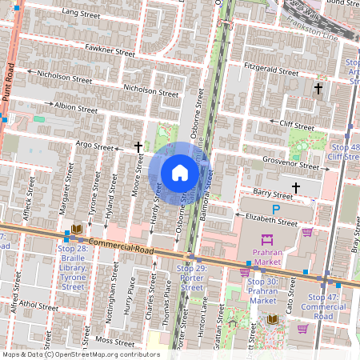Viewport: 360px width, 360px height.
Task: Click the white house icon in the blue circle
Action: tap(180, 172)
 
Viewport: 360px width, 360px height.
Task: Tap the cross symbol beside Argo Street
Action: tap(138, 148)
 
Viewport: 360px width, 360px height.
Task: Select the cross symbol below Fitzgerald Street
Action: tap(318, 88)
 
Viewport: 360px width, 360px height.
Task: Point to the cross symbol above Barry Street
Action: tap(296, 188)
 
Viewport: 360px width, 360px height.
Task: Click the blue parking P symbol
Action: tap(276, 210)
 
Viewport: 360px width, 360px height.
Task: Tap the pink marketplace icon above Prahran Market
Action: tap(266, 238)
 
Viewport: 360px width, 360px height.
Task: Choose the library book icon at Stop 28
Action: tap(77, 230)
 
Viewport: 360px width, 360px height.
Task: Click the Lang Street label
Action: tap(81, 14)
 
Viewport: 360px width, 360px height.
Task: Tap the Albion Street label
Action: tap(76, 106)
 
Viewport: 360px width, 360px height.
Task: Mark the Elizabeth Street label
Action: tap(271, 222)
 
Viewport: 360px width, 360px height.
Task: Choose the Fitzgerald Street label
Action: tap(272, 68)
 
